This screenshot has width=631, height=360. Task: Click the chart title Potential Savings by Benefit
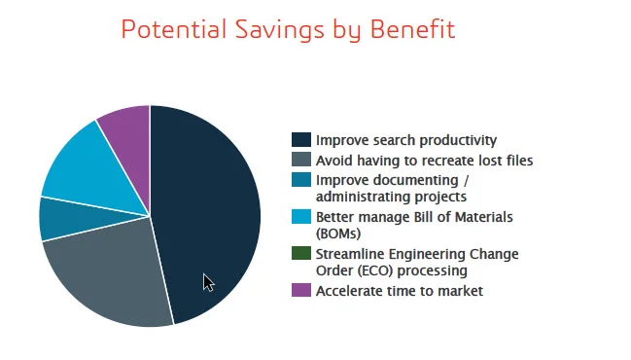288,29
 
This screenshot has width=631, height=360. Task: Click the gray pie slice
107,272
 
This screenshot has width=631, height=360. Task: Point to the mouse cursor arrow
208,282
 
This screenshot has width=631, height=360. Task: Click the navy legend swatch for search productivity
301,140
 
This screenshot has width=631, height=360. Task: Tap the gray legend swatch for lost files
301,160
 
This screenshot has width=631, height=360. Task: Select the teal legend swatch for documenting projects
301,180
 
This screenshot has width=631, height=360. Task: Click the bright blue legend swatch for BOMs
301,216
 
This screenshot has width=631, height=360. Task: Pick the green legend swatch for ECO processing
301,254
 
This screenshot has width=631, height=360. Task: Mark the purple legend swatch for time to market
301,290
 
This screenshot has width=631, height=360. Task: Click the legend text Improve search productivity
406,140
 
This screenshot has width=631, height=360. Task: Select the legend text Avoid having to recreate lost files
424,160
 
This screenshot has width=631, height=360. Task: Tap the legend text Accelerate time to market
400,290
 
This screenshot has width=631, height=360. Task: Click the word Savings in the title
286,29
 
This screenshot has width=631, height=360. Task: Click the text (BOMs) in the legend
338,234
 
